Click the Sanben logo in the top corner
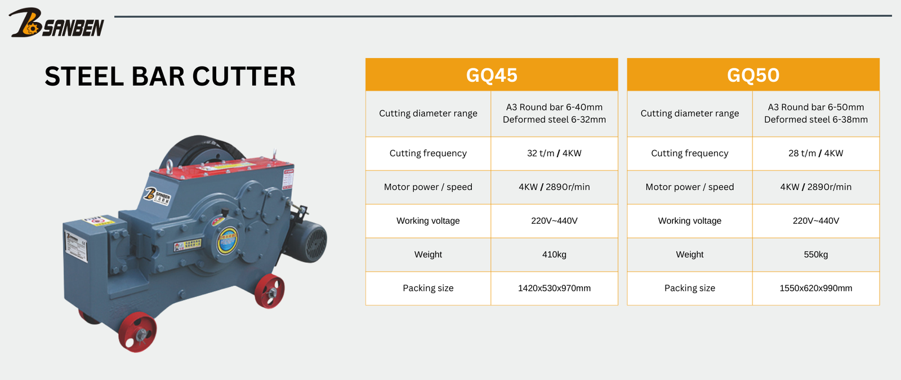(x=56, y=23)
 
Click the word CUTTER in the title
(x=244, y=76)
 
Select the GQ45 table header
(x=492, y=75)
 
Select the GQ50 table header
(x=753, y=75)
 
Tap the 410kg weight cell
(x=554, y=254)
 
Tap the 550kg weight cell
(x=816, y=254)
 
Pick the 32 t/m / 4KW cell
(x=554, y=153)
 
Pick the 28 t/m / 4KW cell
(x=816, y=153)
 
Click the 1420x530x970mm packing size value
(x=554, y=288)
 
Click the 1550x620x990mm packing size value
(x=816, y=288)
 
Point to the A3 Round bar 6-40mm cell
(x=554, y=113)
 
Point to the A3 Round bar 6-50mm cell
(x=816, y=113)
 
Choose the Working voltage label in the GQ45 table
(x=428, y=220)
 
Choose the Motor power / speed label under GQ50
(x=689, y=187)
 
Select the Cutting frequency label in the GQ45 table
(x=428, y=153)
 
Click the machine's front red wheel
(x=137, y=333)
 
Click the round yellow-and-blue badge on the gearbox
(x=228, y=241)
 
